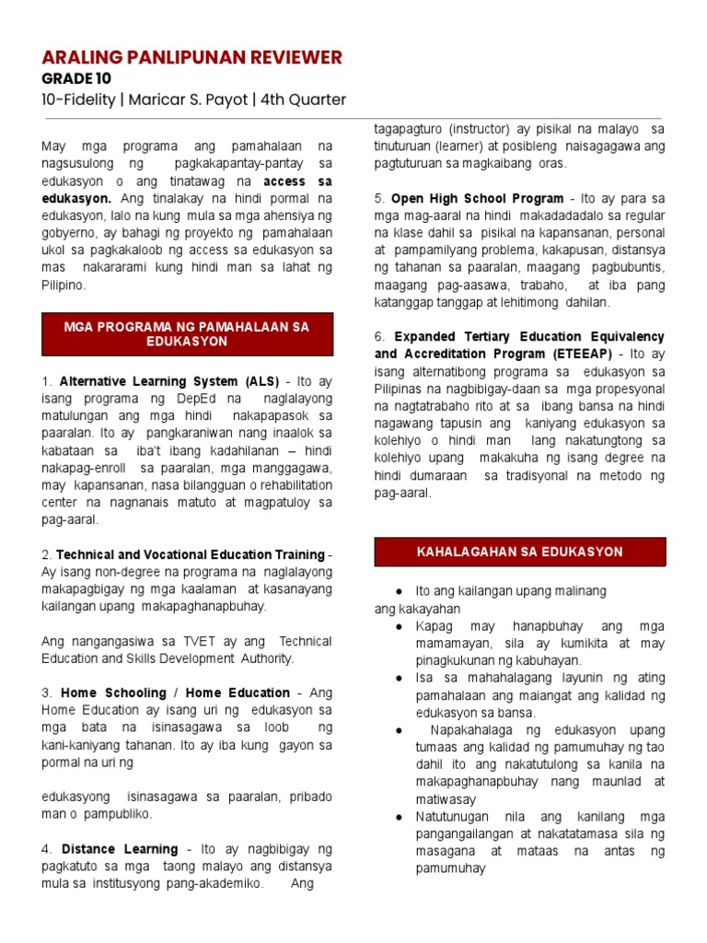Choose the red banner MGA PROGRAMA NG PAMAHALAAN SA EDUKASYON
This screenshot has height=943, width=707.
(187, 333)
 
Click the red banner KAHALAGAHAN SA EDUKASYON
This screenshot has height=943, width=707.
(519, 552)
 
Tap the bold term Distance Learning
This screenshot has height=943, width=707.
(120, 848)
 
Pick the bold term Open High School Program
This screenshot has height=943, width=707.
(477, 198)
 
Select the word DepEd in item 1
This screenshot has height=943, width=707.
(208, 399)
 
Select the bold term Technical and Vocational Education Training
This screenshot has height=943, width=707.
(191, 554)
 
